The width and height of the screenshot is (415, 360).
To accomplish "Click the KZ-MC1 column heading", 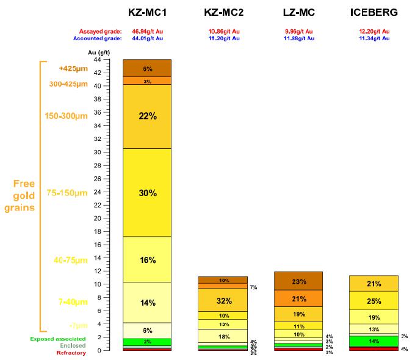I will click(146, 13).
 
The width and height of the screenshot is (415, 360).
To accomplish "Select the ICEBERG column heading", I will click(373, 13).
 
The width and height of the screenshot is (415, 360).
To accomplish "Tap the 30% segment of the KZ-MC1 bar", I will click(147, 192).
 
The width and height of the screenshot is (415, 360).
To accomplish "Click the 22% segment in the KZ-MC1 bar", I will click(147, 117).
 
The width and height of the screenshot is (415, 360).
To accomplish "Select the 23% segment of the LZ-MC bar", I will click(299, 281).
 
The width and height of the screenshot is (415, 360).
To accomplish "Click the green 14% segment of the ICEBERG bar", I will click(374, 341).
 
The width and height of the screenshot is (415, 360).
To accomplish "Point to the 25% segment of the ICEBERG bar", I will click(374, 301).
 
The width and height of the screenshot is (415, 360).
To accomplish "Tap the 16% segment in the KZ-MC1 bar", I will click(147, 259).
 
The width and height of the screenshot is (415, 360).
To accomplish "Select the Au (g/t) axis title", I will click(98, 52).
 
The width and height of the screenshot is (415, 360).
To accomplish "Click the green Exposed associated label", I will click(57, 339).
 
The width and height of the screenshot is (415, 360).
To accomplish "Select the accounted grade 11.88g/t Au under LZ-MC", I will click(299, 38).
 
